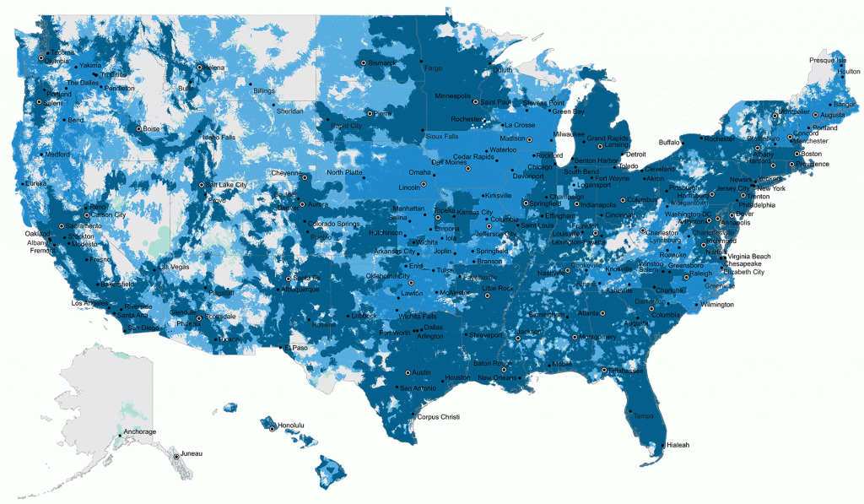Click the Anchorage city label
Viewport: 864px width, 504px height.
pyautogui.click(x=140, y=432)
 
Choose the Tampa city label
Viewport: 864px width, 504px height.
pyautogui.click(x=643, y=415)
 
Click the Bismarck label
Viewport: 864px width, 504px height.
pyautogui.click(x=382, y=63)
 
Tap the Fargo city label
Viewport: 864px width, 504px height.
pyautogui.click(x=433, y=68)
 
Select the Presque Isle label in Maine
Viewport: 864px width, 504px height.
pyautogui.click(x=827, y=61)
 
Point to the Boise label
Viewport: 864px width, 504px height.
pyautogui.click(x=152, y=129)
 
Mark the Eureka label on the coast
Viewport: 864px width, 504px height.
pyautogui.click(x=35, y=182)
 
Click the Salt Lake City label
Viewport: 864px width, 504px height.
pyautogui.click(x=227, y=185)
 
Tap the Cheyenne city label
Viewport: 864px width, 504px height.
pyautogui.click(x=286, y=172)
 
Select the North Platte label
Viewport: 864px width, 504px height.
pyautogui.click(x=344, y=172)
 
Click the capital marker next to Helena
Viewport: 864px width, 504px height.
pyautogui.click(x=199, y=67)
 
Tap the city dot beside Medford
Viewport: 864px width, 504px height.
pyautogui.click(x=40, y=154)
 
